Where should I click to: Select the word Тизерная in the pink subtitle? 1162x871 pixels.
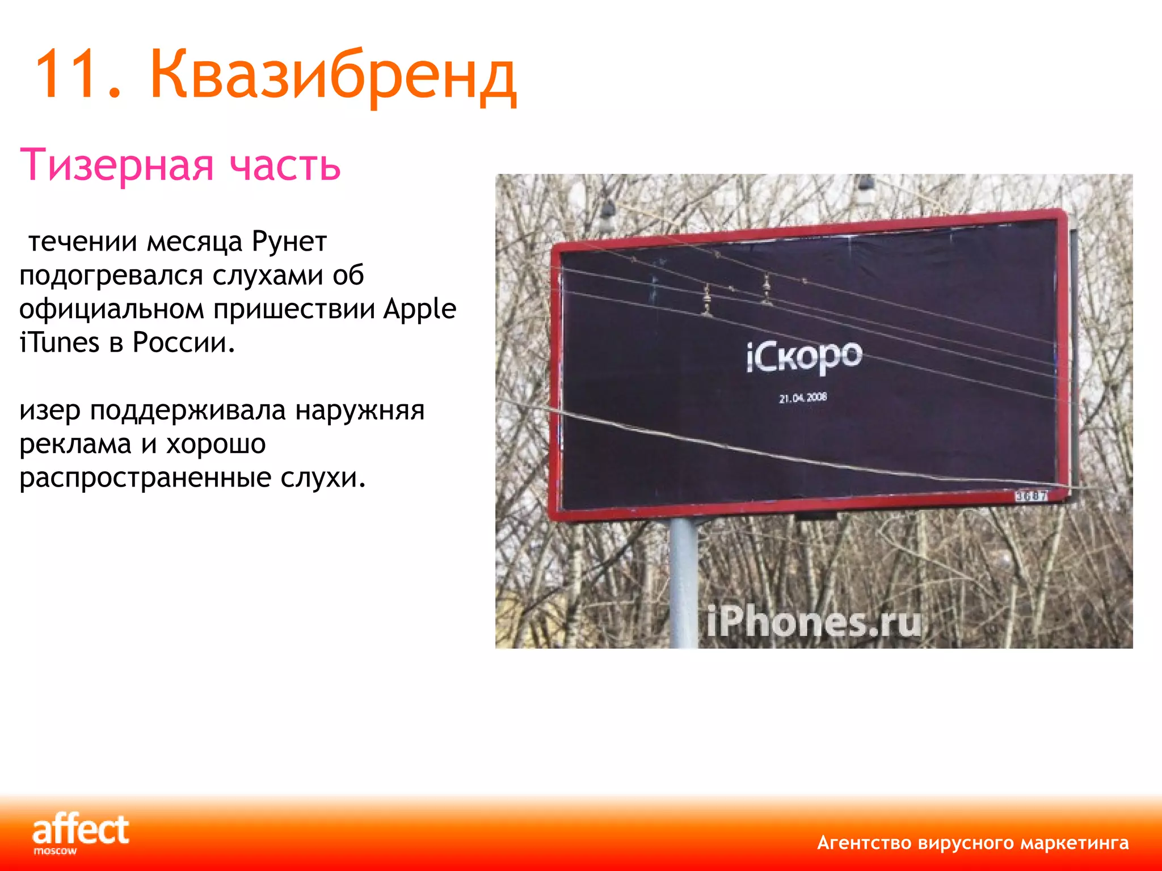point(117,165)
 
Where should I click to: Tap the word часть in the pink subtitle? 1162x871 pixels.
point(285,165)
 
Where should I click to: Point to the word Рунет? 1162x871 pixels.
point(289,242)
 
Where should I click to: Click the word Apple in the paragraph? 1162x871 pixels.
point(419,309)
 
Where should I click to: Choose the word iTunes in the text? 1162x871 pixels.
point(59,343)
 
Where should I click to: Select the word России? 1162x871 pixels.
point(183,343)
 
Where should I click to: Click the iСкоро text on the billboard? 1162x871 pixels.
point(804,357)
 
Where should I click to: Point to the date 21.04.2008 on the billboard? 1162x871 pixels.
point(803,398)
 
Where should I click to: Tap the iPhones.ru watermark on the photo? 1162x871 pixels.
point(814,622)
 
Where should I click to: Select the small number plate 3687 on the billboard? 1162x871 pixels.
point(1031,496)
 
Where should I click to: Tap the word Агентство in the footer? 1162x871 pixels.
point(864,843)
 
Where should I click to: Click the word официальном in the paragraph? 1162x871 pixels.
point(112,309)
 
